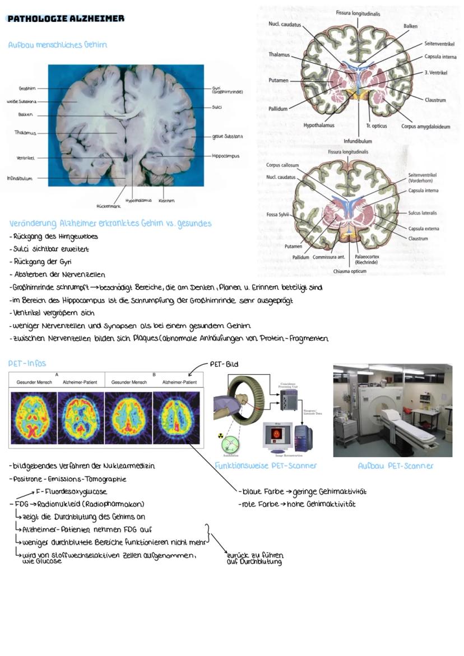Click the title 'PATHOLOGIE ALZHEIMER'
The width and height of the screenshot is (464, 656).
point(66,18)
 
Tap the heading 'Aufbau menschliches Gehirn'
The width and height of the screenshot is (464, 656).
point(57,45)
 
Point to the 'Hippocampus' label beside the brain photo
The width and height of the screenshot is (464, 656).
point(225,156)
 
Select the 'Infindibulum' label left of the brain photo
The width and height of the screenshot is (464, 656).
point(20,179)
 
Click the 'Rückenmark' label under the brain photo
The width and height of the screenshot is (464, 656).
point(109,206)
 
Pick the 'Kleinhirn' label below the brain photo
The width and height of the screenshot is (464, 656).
point(166,200)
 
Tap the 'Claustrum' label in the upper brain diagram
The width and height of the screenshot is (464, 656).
point(435,100)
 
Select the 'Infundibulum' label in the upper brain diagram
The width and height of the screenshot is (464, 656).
point(357,141)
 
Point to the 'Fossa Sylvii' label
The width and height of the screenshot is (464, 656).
point(277,215)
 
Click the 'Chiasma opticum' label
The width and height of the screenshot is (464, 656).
point(350,271)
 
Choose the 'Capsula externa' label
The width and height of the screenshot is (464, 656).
point(423,229)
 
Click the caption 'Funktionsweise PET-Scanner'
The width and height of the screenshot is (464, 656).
point(266,466)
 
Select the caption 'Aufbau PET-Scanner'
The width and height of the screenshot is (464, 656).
point(396,466)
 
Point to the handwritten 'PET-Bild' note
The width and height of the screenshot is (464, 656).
point(224,364)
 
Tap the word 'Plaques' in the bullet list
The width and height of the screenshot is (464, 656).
point(160,338)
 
